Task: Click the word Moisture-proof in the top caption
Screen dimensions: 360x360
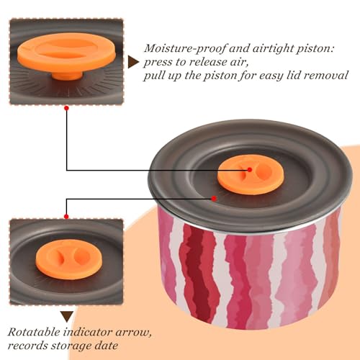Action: pos(185,48)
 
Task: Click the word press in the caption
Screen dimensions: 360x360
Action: pos(158,63)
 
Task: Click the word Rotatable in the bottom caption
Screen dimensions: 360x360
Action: pos(34,332)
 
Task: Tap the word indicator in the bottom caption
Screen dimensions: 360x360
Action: pos(88,332)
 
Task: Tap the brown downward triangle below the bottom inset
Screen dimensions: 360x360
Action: pos(67,317)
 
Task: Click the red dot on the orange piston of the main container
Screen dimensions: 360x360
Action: pos(250,170)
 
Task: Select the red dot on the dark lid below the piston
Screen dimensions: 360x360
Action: pos(214,199)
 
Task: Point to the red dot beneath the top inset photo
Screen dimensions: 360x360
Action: pos(67,108)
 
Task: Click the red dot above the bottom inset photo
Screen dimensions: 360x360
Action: pos(66,217)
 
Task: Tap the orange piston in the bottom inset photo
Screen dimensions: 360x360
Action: pos(69,260)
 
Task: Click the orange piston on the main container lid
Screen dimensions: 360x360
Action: pos(251,175)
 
